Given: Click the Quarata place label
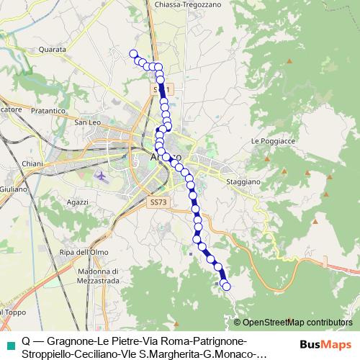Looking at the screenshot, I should tap(54, 50).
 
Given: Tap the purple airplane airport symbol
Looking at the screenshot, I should tap(99, 176).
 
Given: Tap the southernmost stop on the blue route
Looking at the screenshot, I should tap(227, 287).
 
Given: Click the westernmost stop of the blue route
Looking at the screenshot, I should tap(132, 53).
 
